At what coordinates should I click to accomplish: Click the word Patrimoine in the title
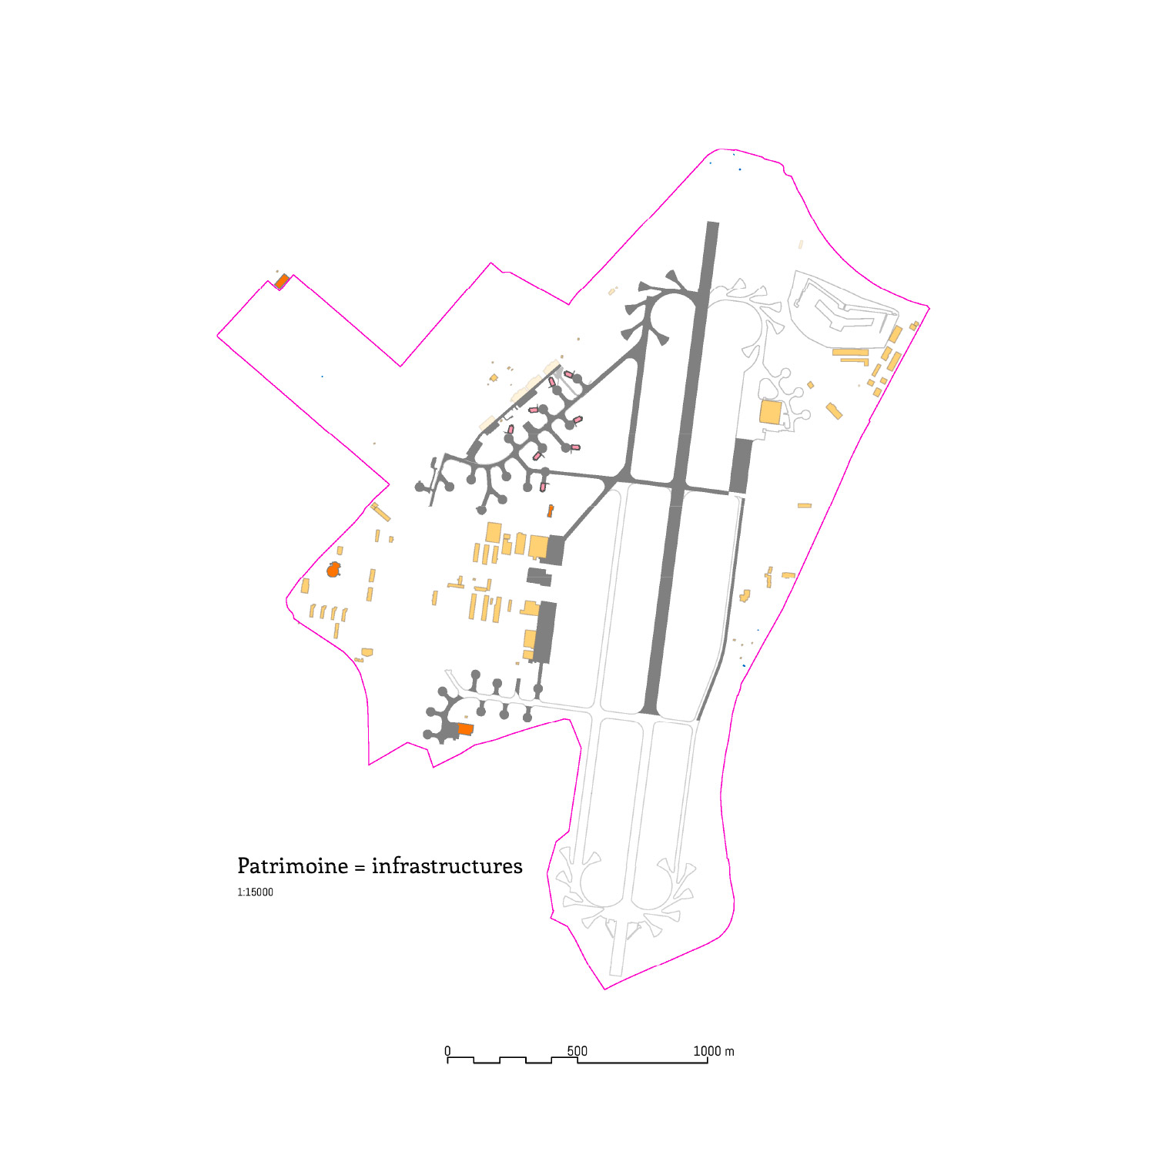293,866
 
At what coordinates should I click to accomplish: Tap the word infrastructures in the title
447,866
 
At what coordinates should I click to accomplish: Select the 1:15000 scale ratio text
255,892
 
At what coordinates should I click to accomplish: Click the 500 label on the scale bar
577,1051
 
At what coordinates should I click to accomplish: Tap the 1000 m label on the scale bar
714,1051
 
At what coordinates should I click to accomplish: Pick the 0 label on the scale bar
447,1051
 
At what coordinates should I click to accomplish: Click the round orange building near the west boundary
333,570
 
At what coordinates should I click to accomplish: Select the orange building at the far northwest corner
283,281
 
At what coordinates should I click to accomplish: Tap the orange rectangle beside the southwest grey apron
466,728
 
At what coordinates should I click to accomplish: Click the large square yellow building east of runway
771,412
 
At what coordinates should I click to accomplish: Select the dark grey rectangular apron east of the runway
741,467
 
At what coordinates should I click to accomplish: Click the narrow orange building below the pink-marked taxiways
551,511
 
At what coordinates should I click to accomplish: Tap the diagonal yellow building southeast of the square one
834,411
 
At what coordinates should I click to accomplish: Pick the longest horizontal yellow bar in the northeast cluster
851,353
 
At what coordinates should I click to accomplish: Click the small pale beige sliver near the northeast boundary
801,244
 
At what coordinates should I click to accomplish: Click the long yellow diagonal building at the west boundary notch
380,512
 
